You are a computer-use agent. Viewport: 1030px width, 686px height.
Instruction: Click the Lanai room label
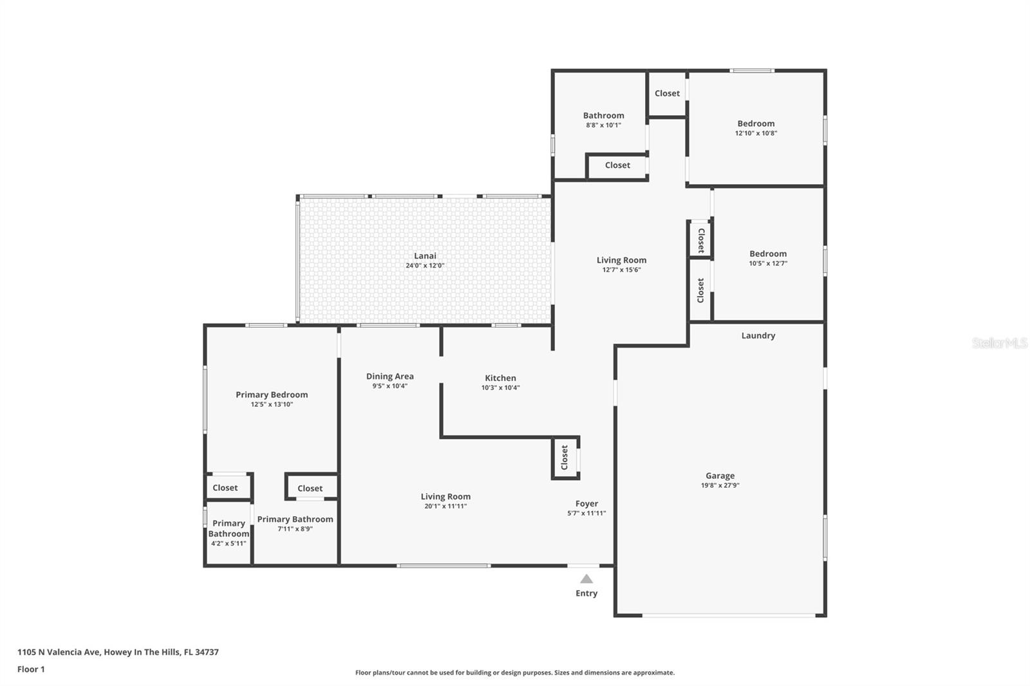pos(425,256)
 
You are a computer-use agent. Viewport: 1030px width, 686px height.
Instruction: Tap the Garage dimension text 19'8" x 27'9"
pos(720,486)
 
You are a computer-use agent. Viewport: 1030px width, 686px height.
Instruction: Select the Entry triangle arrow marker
pos(586,579)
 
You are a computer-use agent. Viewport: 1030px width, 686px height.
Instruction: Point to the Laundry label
pos(758,335)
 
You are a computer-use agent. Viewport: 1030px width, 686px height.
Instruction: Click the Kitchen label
pos(500,378)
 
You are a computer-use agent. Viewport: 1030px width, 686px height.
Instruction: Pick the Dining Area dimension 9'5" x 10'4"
pos(389,386)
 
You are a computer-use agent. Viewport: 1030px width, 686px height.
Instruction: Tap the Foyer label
pos(586,504)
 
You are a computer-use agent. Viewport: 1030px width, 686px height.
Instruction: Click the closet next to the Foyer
pos(565,458)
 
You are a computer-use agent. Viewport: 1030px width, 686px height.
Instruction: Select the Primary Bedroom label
pos(272,394)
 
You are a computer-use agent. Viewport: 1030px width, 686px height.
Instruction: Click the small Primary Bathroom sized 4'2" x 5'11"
pos(229,533)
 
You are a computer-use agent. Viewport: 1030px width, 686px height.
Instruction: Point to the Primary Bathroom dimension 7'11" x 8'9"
pos(295,529)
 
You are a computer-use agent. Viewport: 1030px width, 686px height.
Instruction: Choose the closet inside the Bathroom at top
pos(617,165)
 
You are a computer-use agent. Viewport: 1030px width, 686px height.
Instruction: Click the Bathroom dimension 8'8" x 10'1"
pos(603,125)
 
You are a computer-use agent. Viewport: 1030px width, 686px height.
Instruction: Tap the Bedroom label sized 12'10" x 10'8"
pos(756,124)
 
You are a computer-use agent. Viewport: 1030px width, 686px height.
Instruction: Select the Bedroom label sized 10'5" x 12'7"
pos(767,254)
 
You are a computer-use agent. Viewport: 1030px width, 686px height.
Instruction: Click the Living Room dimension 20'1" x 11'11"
pos(445,506)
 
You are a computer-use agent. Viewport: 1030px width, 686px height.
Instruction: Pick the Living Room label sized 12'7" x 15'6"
pos(621,260)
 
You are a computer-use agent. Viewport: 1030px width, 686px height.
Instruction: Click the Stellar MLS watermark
pos(999,343)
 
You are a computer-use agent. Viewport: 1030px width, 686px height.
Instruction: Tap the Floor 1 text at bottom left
pos(31,669)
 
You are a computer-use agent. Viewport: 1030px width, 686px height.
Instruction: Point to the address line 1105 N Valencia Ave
pos(118,652)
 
